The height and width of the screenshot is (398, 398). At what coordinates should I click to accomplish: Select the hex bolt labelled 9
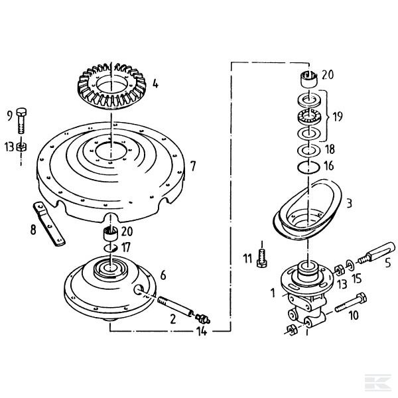point(21,121)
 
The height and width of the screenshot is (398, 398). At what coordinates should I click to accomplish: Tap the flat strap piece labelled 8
point(48,224)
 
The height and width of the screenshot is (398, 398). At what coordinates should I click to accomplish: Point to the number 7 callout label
point(193,166)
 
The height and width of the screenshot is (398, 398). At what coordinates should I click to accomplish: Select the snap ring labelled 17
point(111,248)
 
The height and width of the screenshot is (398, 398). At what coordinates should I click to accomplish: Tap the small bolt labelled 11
point(262,258)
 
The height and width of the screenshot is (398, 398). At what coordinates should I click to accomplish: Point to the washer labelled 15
point(351,265)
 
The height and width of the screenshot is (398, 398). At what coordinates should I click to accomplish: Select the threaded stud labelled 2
point(176,306)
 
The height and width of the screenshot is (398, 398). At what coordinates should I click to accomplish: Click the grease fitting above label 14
point(202,318)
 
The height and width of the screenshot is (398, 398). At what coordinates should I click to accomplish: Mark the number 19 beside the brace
point(338,117)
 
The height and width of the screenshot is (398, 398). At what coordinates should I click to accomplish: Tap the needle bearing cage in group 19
point(308,117)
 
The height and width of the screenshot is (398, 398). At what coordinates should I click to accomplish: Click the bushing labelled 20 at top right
point(309,80)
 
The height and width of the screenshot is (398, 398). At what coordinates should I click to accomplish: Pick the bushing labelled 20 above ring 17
point(111,233)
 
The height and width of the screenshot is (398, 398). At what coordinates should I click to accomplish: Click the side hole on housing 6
point(139,290)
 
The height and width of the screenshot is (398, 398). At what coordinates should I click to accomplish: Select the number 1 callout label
point(273,293)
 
